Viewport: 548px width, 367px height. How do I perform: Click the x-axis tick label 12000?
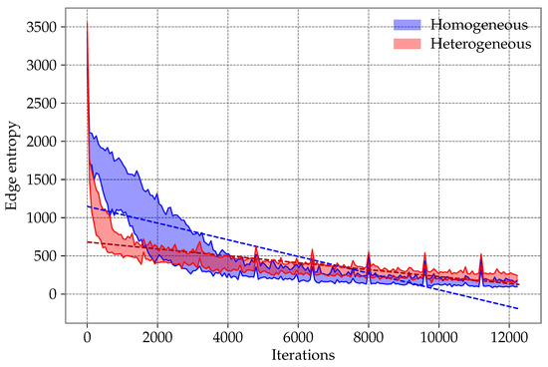click(509, 335)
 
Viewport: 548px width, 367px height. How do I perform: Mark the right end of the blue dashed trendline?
click(518, 308)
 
